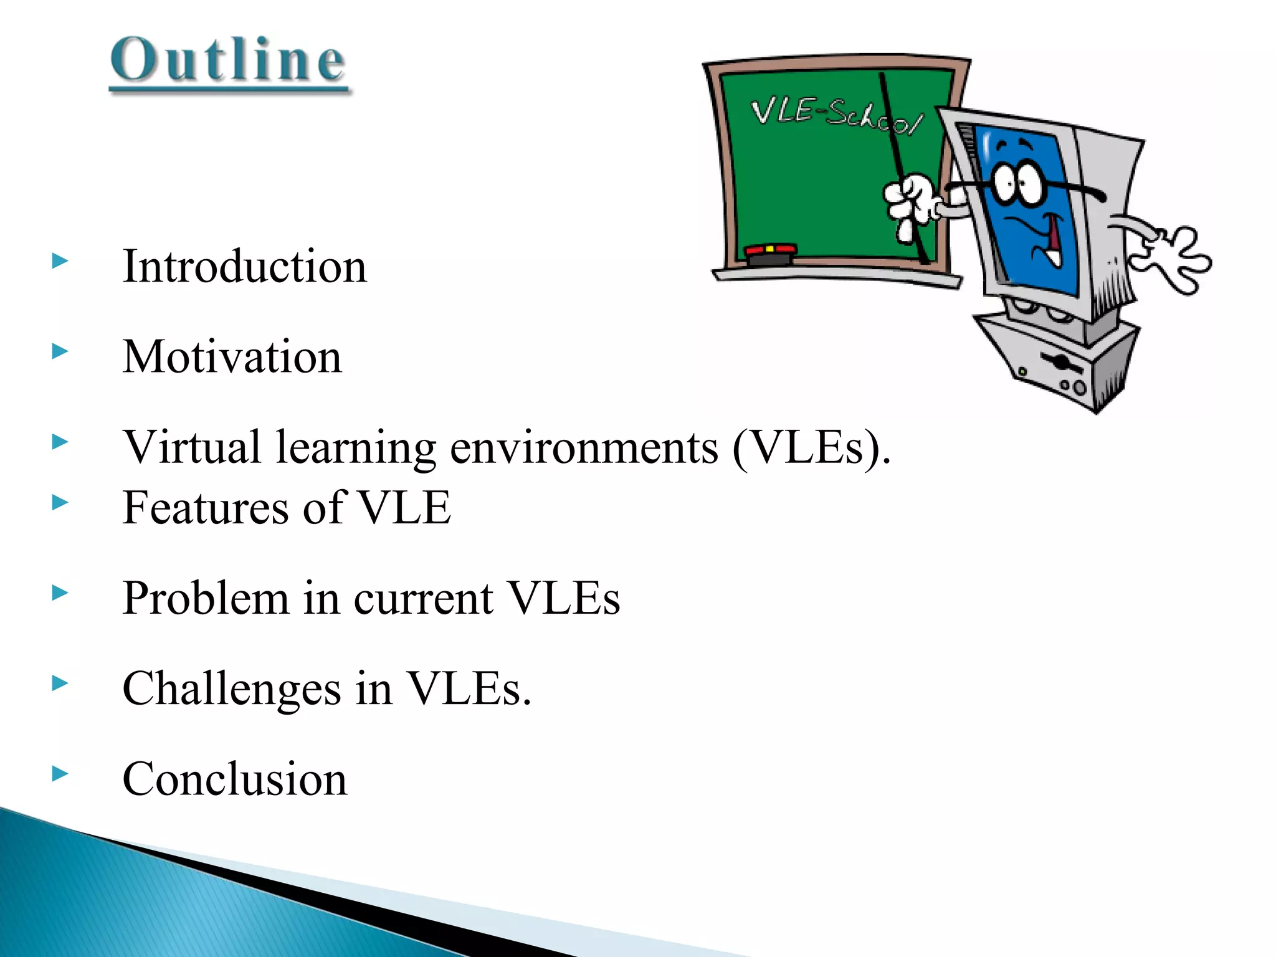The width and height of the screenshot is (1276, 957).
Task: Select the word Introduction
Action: [245, 267]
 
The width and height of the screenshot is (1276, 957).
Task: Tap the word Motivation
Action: [232, 357]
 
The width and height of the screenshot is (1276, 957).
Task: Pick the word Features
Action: [204, 508]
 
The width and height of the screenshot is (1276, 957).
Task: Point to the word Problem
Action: [205, 599]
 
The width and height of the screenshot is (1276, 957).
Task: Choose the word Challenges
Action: [231, 689]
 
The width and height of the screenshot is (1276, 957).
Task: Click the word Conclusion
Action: [234, 779]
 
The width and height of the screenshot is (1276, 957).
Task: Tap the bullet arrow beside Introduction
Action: [60, 261]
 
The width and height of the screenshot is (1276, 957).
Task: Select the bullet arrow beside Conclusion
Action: [60, 774]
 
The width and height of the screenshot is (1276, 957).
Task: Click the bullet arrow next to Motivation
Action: [60, 351]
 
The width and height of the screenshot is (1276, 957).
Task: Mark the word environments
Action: [584, 447]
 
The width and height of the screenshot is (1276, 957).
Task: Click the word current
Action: [424, 599]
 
